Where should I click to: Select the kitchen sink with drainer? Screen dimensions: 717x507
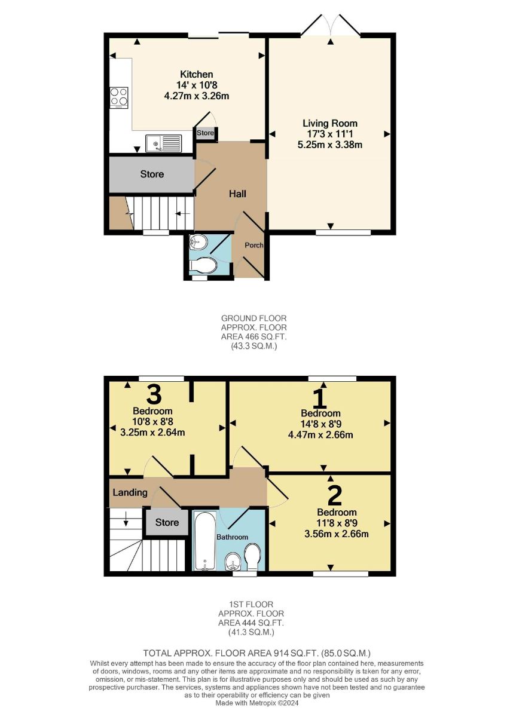point(163,143)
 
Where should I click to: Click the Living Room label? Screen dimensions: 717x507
point(329,123)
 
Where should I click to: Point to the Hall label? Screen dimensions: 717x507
point(237,194)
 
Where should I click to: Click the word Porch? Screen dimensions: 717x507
point(253,246)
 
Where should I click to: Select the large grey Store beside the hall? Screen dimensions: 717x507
point(152,174)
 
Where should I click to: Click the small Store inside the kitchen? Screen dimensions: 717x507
point(205,133)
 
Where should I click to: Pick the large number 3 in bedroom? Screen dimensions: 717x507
point(154,394)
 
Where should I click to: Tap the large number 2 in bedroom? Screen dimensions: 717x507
point(335,495)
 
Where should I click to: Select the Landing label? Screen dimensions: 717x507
point(130,493)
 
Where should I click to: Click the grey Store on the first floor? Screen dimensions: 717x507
point(167,522)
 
